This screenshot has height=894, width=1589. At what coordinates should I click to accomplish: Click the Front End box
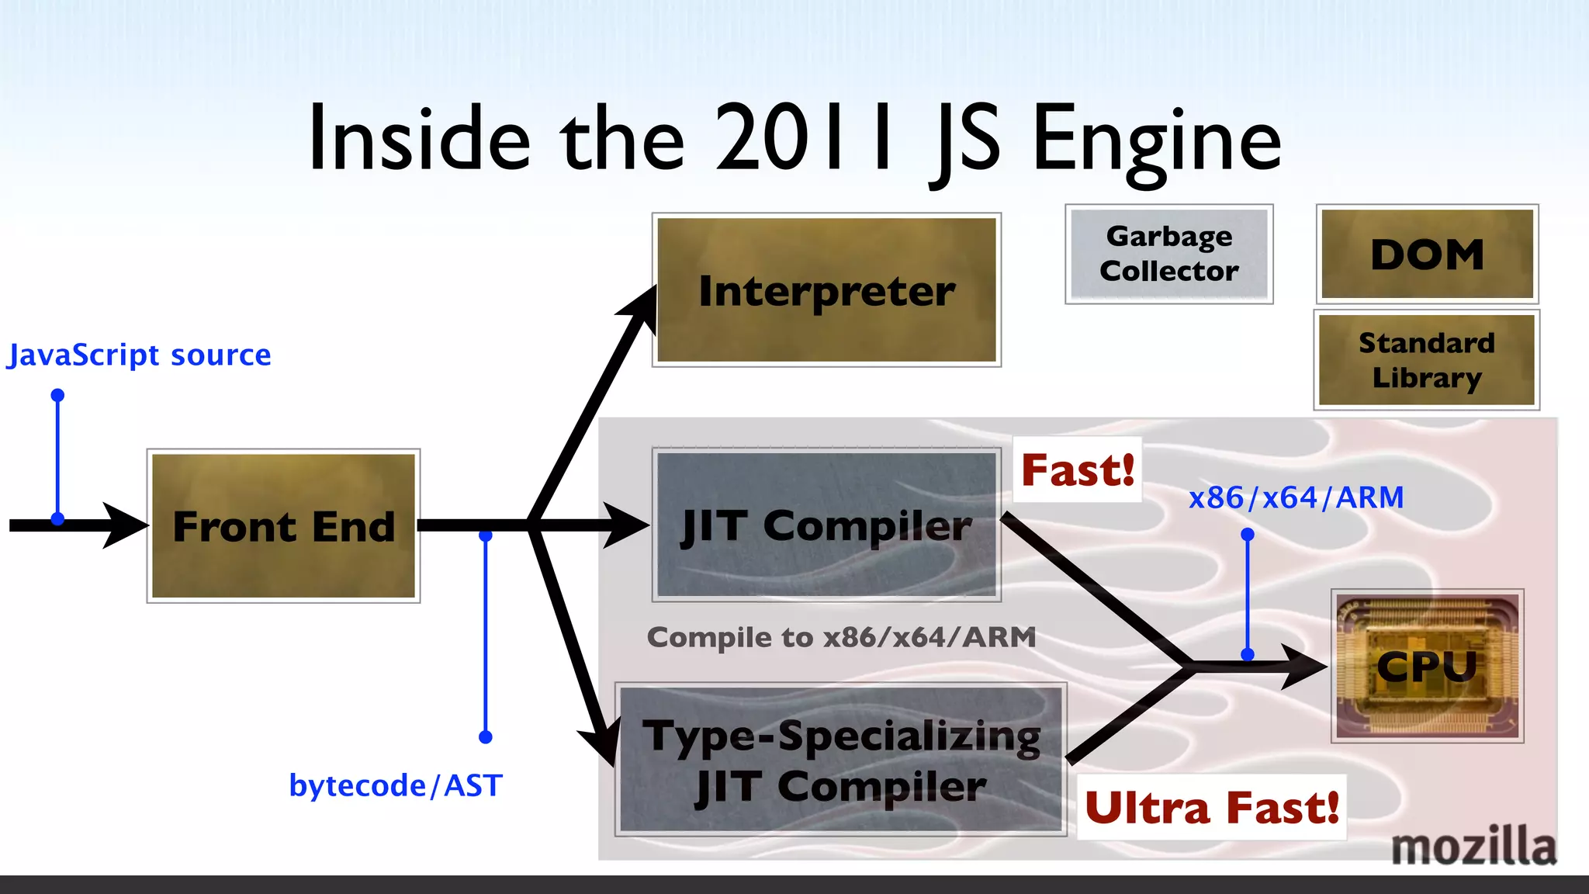point(283,525)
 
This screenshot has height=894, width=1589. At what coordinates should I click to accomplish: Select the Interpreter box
point(826,289)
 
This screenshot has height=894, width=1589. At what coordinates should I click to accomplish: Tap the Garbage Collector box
point(1168,254)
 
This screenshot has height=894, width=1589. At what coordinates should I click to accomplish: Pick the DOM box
point(1427,254)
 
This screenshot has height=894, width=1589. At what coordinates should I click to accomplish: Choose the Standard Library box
point(1426,360)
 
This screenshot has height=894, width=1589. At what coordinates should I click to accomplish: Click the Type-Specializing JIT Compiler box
point(841,761)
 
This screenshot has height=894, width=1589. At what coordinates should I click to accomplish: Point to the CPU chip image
point(1427,666)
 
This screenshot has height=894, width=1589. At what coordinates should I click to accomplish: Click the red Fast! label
point(1078,470)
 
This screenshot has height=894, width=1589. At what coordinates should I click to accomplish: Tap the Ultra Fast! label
point(1211,807)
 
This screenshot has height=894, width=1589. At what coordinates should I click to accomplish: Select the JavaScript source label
point(139,355)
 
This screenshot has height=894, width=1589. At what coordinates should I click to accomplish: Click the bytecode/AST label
point(396,785)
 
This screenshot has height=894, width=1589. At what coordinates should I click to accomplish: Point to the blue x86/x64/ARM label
point(1296,497)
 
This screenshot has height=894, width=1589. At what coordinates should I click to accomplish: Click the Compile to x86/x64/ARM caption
point(841,637)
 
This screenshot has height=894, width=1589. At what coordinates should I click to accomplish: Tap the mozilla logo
point(1473,846)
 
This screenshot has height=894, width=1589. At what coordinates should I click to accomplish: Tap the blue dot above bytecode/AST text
point(486,736)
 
